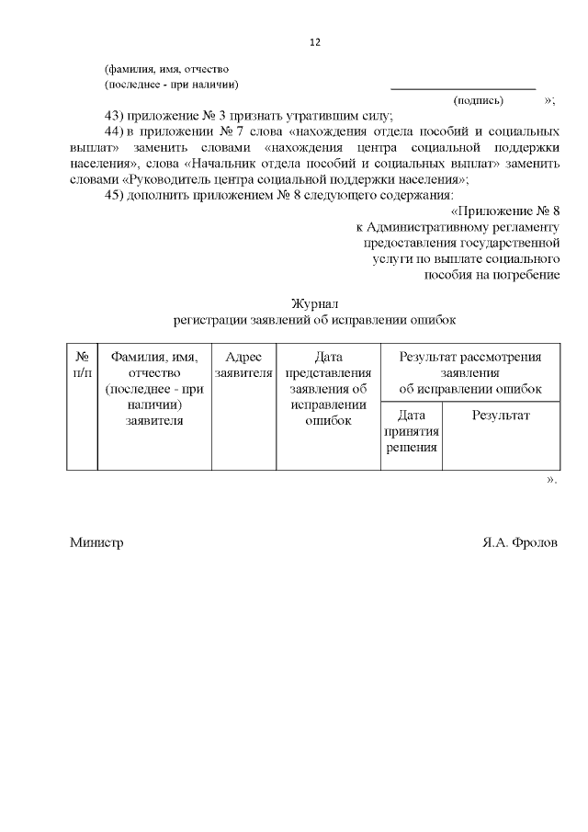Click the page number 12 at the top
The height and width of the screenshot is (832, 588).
point(314,42)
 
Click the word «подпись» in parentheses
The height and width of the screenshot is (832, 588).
point(478,99)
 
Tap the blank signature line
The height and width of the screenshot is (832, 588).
point(463,87)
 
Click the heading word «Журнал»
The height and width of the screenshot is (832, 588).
point(315,303)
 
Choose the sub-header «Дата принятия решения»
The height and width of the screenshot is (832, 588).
point(411,431)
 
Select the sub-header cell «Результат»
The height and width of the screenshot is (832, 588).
point(501,416)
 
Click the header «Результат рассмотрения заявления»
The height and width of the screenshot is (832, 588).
point(469,365)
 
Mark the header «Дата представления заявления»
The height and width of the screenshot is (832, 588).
point(328,381)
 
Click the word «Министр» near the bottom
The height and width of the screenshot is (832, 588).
point(96,542)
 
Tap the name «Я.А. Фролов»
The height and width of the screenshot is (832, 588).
point(519,542)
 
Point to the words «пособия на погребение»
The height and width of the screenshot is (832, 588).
point(491,275)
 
